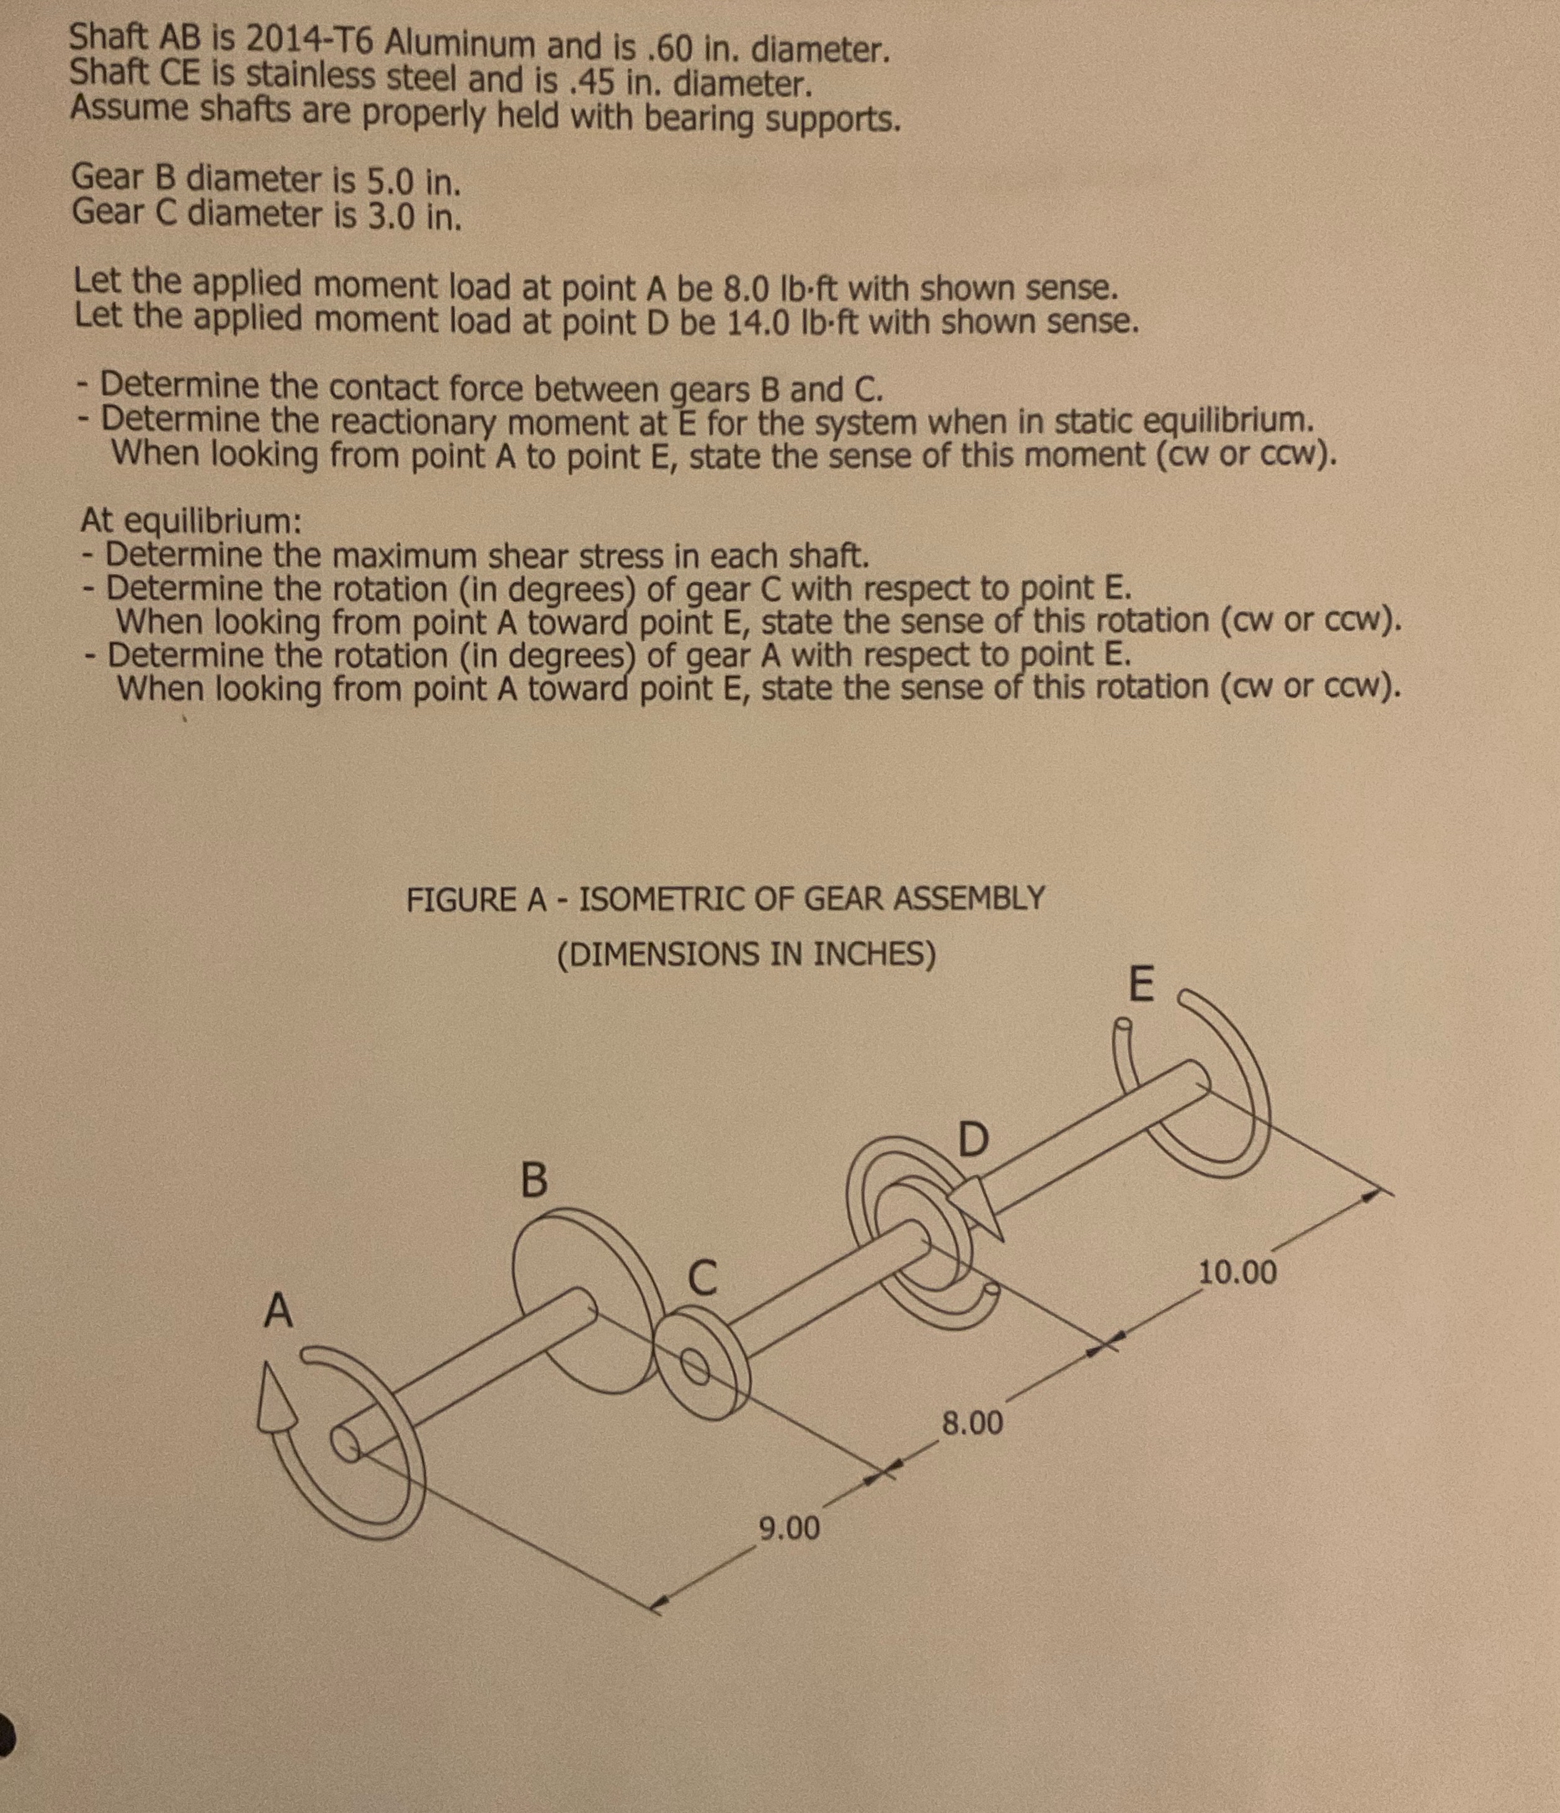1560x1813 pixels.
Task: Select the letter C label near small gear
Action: pyautogui.click(x=702, y=1278)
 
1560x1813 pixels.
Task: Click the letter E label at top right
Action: pyautogui.click(x=1141, y=985)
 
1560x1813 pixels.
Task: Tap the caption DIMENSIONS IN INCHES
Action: pyautogui.click(x=746, y=954)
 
